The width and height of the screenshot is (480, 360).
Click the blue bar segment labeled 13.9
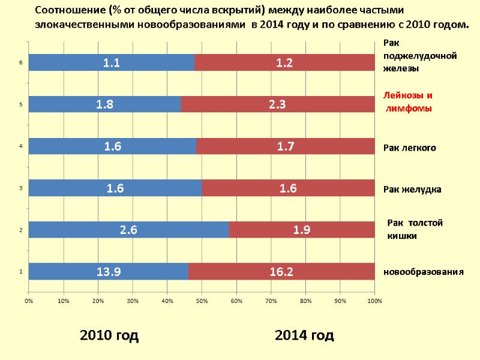pyautogui.click(x=108, y=272)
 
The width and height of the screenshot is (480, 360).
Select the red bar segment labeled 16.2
pyautogui.click(x=281, y=272)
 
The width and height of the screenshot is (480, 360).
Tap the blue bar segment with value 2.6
pyautogui.click(x=128, y=230)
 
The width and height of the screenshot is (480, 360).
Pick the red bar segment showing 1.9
pyautogui.click(x=302, y=230)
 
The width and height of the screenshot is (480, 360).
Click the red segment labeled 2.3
pyautogui.click(x=277, y=104)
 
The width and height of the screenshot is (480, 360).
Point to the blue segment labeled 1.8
pyautogui.click(x=104, y=104)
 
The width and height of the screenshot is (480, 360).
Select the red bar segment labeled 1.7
pyautogui.click(x=285, y=146)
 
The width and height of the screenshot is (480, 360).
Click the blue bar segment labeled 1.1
pyautogui.click(x=111, y=62)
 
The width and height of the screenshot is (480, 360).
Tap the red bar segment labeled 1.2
pyautogui.click(x=284, y=62)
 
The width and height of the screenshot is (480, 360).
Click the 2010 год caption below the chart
pyautogui.click(x=109, y=335)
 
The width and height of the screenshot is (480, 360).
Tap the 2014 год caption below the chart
pyautogui.click(x=304, y=335)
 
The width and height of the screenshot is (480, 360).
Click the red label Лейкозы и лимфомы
pyautogui.click(x=408, y=102)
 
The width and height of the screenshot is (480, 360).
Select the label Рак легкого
pyautogui.click(x=410, y=148)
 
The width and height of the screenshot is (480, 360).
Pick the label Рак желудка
pyautogui.click(x=412, y=190)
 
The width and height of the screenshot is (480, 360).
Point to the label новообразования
pyautogui.click(x=424, y=272)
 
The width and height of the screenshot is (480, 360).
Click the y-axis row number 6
pyautogui.click(x=21, y=62)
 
